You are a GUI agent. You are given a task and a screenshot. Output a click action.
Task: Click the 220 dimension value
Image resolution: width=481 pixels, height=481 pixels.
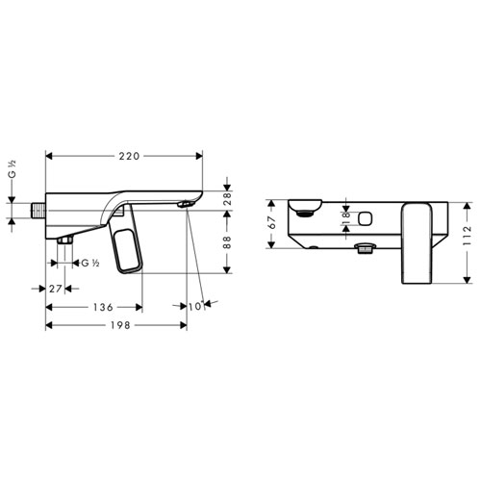point(129,156)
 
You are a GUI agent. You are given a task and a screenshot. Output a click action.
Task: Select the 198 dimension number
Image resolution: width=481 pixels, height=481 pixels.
point(120,325)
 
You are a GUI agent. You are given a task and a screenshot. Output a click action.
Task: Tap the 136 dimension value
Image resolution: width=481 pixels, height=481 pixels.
point(103,307)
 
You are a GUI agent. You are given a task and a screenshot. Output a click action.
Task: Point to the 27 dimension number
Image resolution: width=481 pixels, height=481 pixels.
point(55,289)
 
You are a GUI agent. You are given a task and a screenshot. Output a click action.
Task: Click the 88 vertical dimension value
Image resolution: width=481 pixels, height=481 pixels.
point(227,242)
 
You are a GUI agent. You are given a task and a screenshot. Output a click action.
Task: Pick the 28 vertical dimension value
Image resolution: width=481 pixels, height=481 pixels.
point(227,199)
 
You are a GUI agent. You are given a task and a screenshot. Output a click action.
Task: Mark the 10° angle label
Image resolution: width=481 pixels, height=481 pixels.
point(196,306)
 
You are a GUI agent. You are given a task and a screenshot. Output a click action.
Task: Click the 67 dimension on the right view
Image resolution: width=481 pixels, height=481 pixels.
point(272,222)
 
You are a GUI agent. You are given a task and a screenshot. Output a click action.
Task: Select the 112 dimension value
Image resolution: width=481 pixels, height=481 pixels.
point(468,236)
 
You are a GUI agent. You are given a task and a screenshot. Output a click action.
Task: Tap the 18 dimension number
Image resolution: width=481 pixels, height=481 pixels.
point(346,218)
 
